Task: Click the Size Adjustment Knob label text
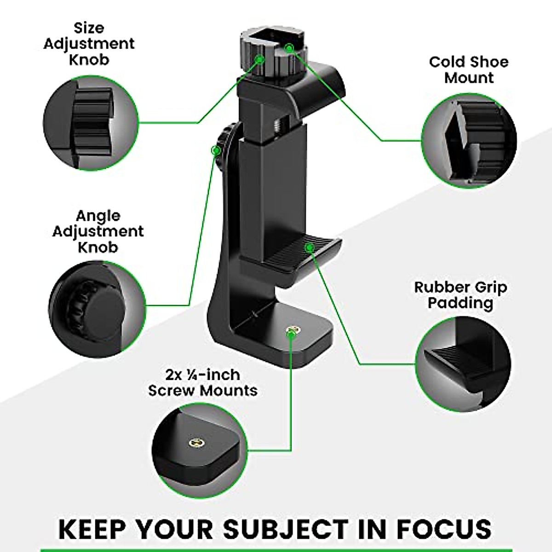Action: pyautogui.click(x=89, y=44)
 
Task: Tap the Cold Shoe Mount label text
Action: pyautogui.click(x=468, y=70)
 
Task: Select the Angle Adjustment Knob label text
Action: pyautogui.click(x=98, y=231)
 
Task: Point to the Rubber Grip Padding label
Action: pyautogui.click(x=460, y=295)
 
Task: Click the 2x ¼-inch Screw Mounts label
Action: pyautogui.click(x=202, y=383)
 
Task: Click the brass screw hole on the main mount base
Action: pyautogui.click(x=291, y=330)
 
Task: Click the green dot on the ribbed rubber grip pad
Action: pyautogui.click(x=310, y=248)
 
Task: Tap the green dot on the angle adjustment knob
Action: pyautogui.click(x=214, y=150)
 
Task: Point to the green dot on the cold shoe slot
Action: pyautogui.click(x=288, y=47)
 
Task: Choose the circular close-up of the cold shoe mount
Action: pyautogui.click(x=469, y=140)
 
